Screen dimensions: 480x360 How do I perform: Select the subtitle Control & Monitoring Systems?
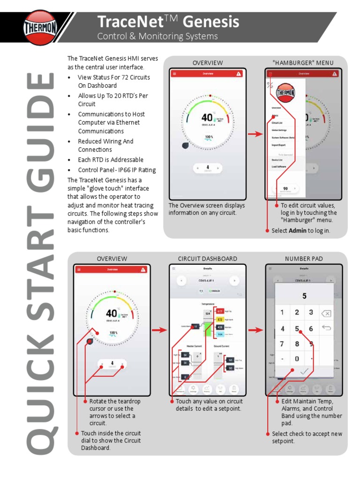pyautogui.click(x=157, y=37)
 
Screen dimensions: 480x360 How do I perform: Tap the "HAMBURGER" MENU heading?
pyautogui.click(x=303, y=63)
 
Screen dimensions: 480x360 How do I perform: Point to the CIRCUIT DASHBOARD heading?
pyautogui.click(x=207, y=259)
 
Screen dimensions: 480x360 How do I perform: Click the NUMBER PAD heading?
pyautogui.click(x=304, y=259)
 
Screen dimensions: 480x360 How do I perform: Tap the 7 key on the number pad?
pyautogui.click(x=282, y=344)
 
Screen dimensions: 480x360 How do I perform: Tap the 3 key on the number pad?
pyautogui.click(x=311, y=312)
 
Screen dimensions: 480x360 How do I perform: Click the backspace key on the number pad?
pyautogui.click(x=326, y=313)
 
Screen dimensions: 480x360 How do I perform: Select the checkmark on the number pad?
pyautogui.click(x=304, y=371)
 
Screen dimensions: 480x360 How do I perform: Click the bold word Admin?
pyautogui.click(x=298, y=231)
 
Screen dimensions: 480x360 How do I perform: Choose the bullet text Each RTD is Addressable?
pyautogui.click(x=111, y=160)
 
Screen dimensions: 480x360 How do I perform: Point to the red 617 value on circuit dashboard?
pyautogui.click(x=220, y=311)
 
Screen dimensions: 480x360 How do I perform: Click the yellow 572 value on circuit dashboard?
pyautogui.click(x=220, y=319)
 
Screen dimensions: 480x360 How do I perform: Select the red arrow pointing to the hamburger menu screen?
pyautogui.click(x=255, y=134)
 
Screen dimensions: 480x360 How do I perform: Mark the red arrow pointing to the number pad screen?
pyautogui.click(x=255, y=330)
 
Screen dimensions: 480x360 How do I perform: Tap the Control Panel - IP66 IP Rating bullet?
pyautogui.click(x=117, y=170)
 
